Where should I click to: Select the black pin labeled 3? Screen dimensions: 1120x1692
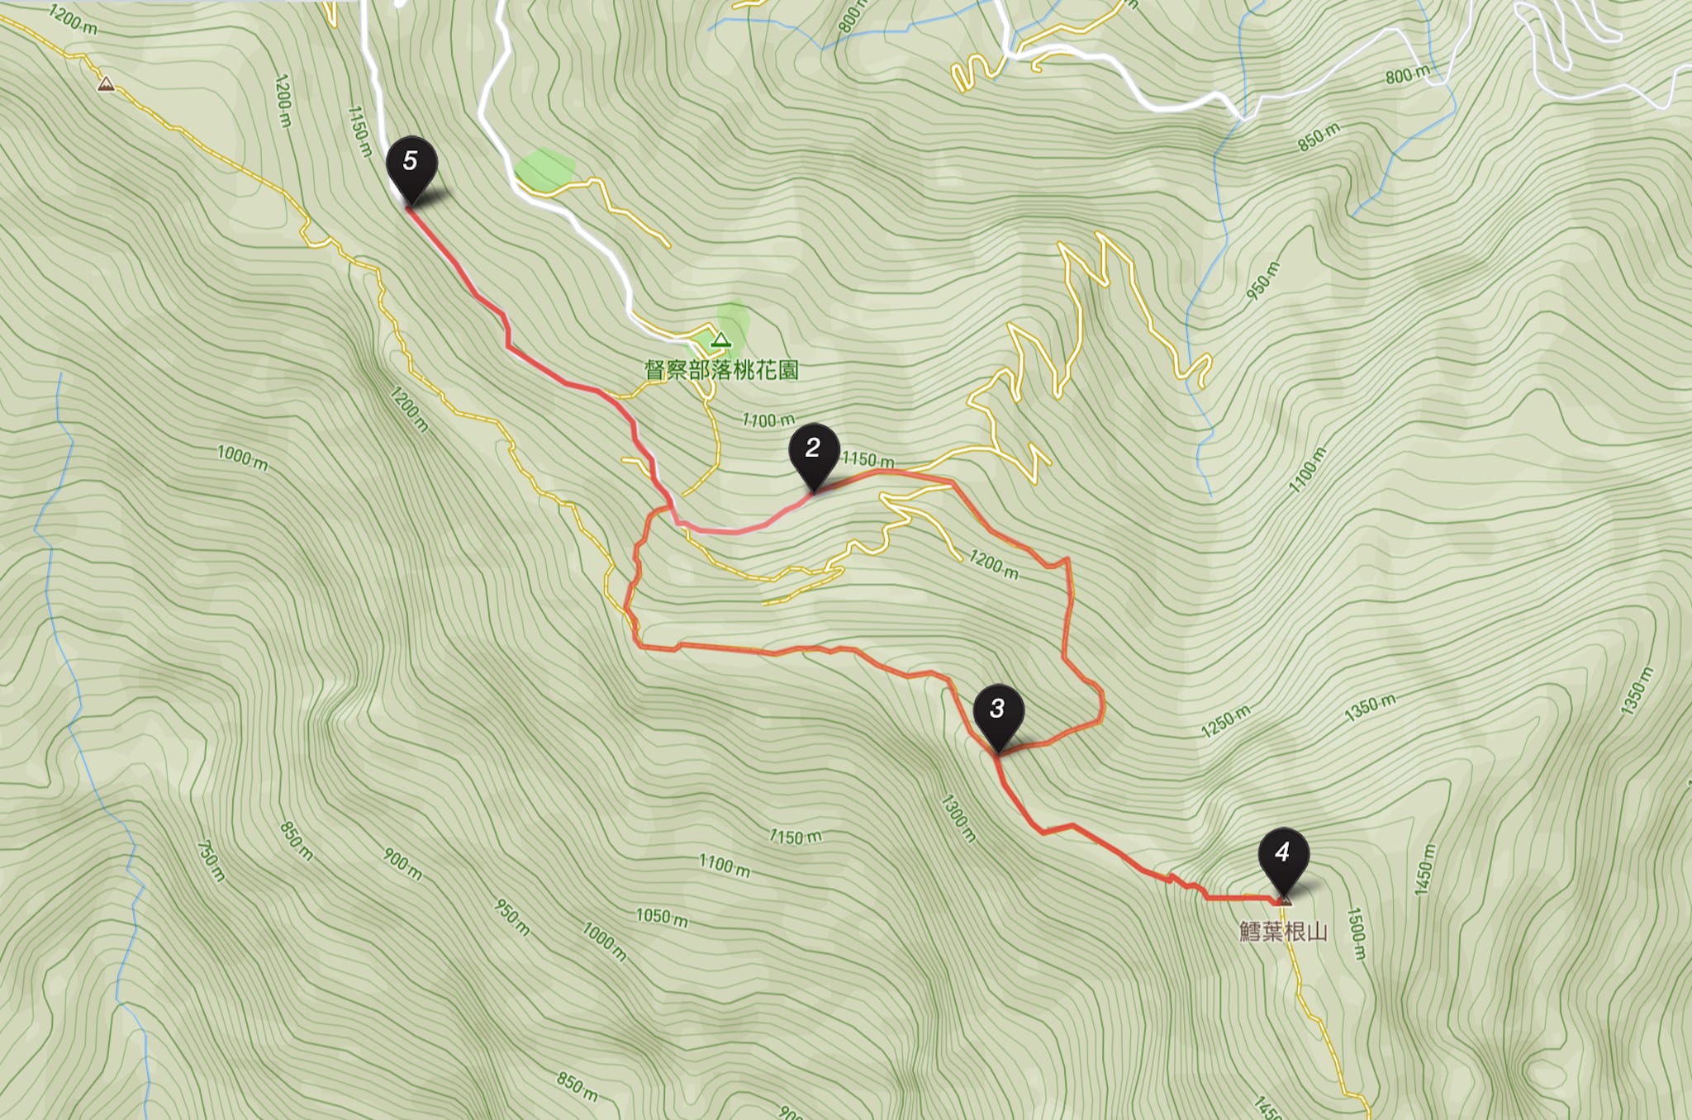point(998,711)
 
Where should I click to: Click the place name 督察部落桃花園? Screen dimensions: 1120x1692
point(721,370)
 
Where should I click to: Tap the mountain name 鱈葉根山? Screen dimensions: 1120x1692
point(1283,932)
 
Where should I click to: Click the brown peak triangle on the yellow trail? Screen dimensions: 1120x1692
point(105,84)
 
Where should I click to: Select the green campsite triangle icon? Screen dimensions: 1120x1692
point(722,339)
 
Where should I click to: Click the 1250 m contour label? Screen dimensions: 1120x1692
point(1226,720)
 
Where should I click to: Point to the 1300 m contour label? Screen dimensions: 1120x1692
point(958,818)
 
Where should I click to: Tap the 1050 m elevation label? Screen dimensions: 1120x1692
point(661,917)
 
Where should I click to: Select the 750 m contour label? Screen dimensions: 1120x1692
point(211,861)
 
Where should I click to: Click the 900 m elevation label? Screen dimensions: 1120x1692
point(402,864)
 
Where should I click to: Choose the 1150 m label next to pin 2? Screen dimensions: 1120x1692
point(867,460)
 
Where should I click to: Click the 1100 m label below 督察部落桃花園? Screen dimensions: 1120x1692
point(768,421)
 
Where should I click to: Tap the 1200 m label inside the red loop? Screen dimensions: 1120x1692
point(993,565)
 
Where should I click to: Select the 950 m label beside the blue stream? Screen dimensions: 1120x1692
point(1263,281)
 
